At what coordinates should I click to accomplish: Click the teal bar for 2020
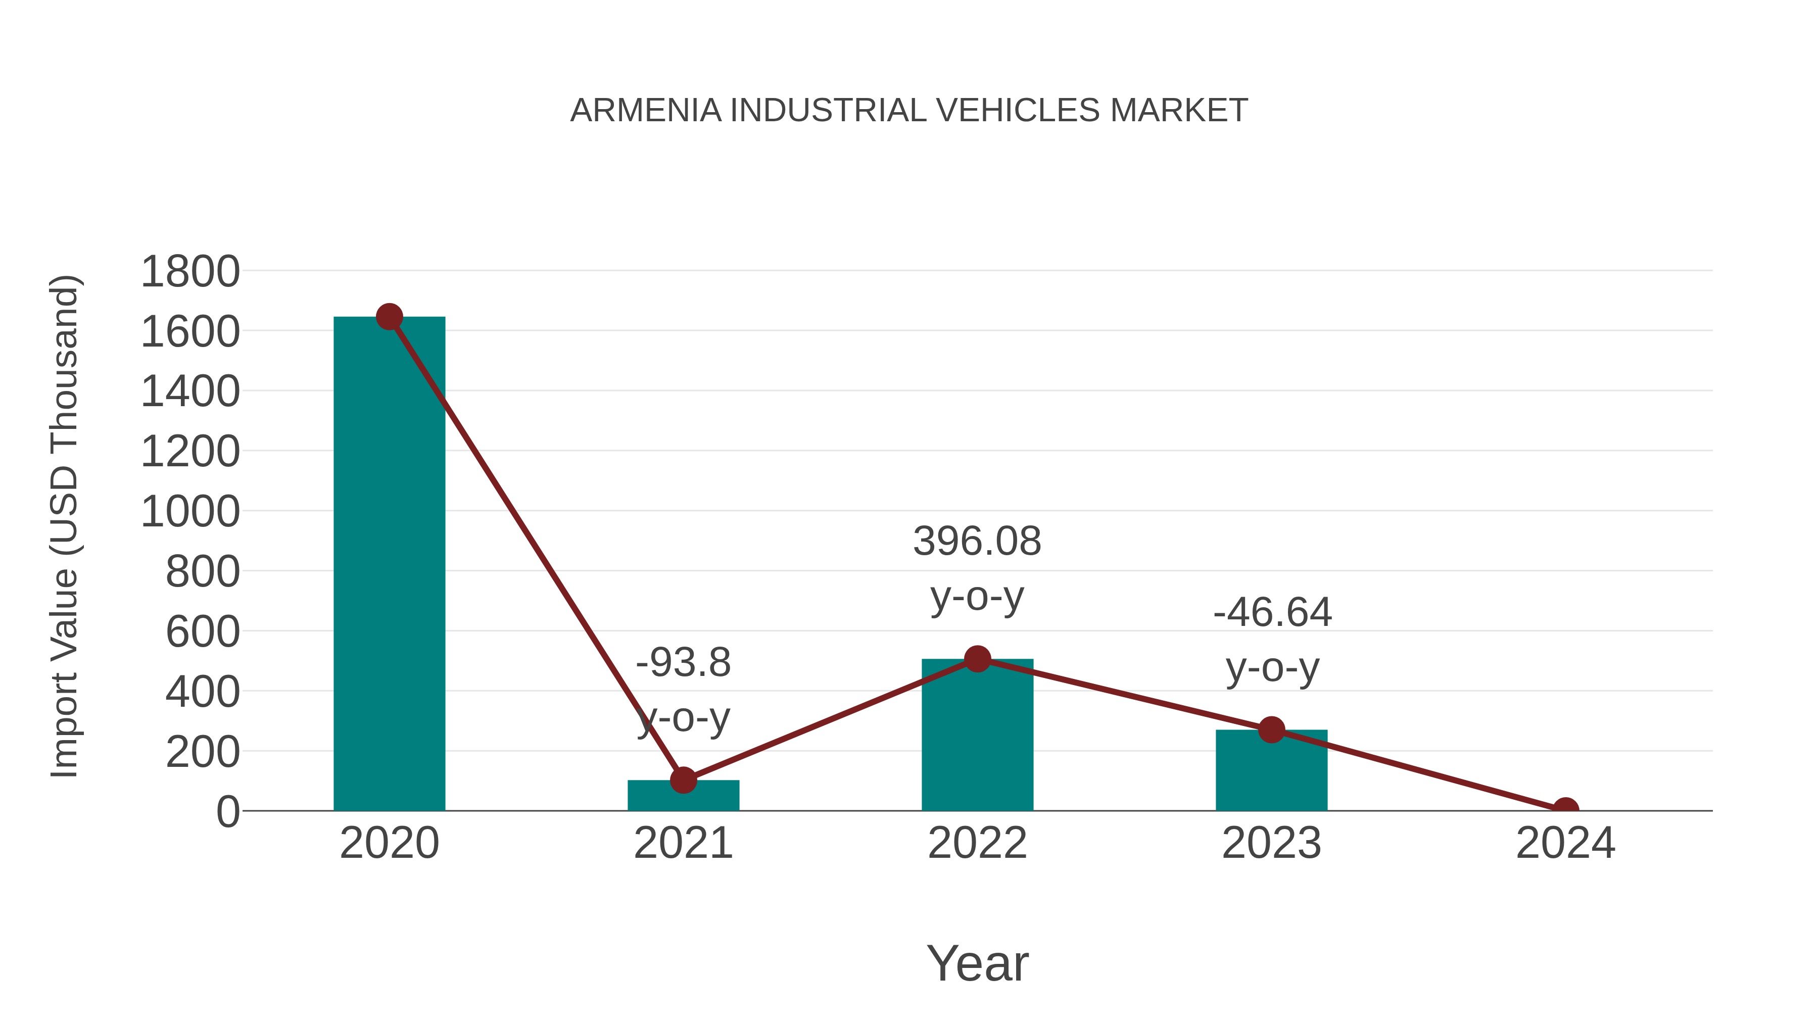point(389,565)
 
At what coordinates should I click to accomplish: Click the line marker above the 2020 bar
point(389,317)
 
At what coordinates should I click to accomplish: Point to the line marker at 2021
point(683,780)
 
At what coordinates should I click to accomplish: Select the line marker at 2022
point(977,659)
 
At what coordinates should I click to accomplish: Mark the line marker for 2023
point(1271,729)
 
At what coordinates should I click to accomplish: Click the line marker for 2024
point(1565,809)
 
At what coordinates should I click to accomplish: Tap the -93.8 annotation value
point(683,663)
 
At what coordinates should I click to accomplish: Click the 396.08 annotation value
point(977,542)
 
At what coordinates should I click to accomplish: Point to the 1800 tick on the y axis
point(190,272)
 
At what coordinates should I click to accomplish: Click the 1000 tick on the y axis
point(190,512)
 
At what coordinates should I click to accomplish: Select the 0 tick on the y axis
point(228,812)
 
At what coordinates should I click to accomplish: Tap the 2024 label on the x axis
point(1565,843)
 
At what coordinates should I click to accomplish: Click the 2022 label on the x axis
point(977,843)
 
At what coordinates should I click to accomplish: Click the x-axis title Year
point(977,963)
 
